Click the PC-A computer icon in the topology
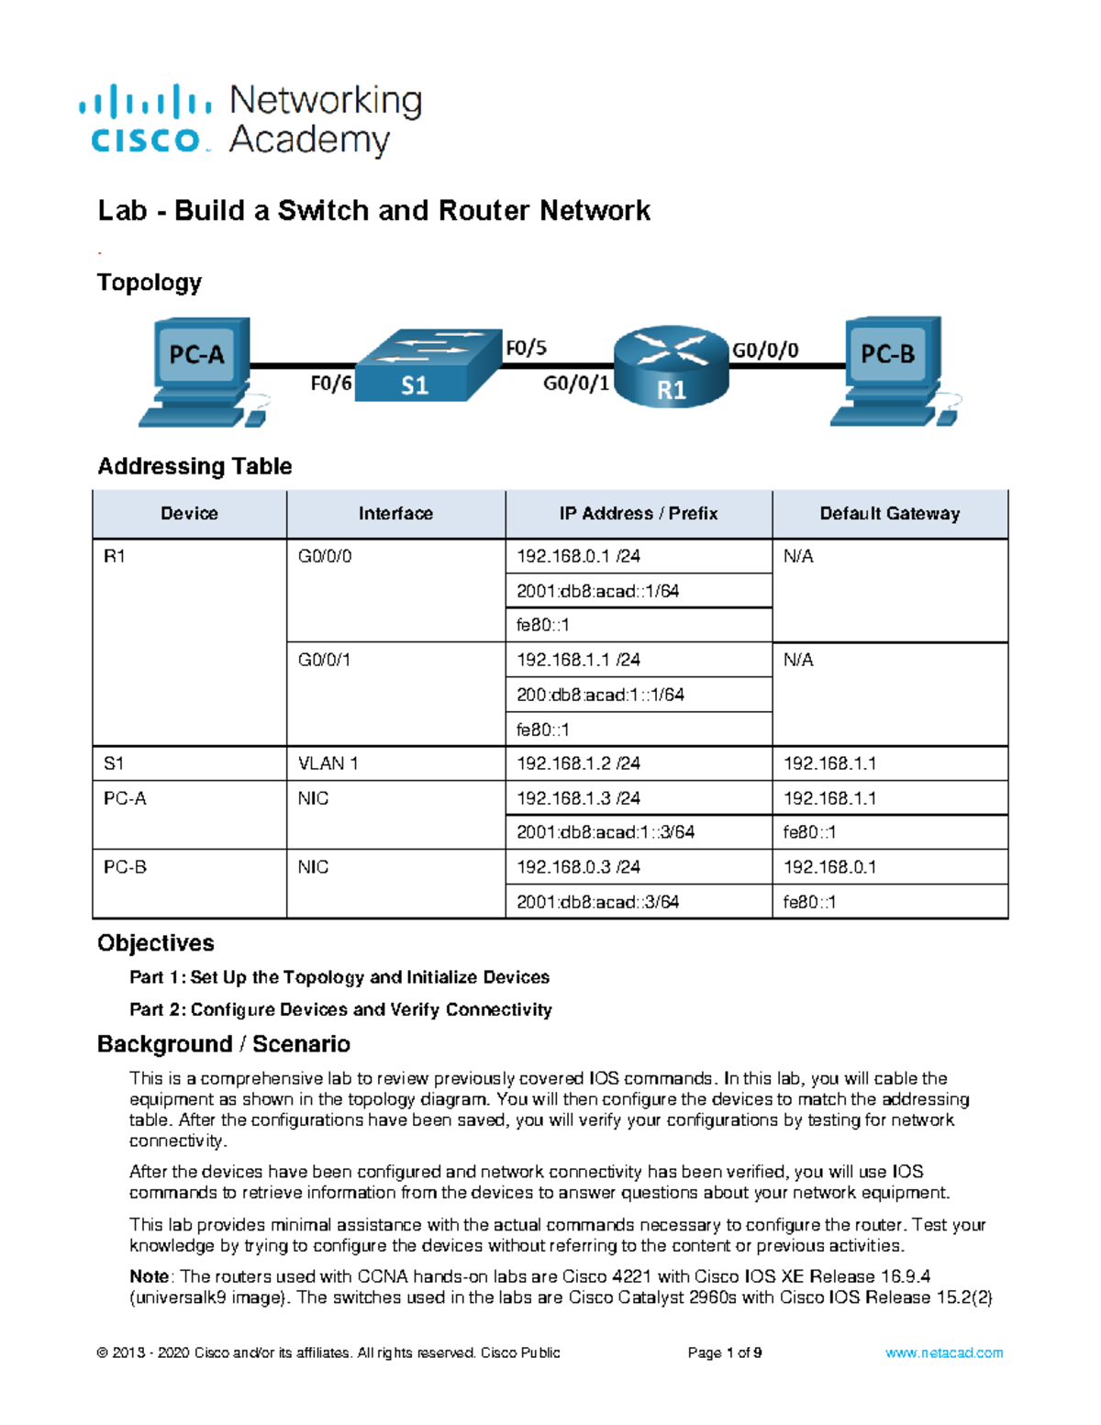(200, 371)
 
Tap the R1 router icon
(671, 367)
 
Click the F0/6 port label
(330, 384)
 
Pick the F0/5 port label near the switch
(526, 348)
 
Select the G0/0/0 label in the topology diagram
(764, 350)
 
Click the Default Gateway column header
(889, 514)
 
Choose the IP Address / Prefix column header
(639, 514)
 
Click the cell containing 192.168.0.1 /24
(578, 556)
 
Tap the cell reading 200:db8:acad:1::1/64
(600, 695)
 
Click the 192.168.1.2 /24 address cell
(578, 763)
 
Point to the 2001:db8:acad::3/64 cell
(597, 902)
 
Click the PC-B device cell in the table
(125, 867)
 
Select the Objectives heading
(156, 943)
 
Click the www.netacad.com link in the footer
(943, 1353)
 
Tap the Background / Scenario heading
(224, 1044)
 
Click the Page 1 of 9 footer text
(725, 1353)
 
